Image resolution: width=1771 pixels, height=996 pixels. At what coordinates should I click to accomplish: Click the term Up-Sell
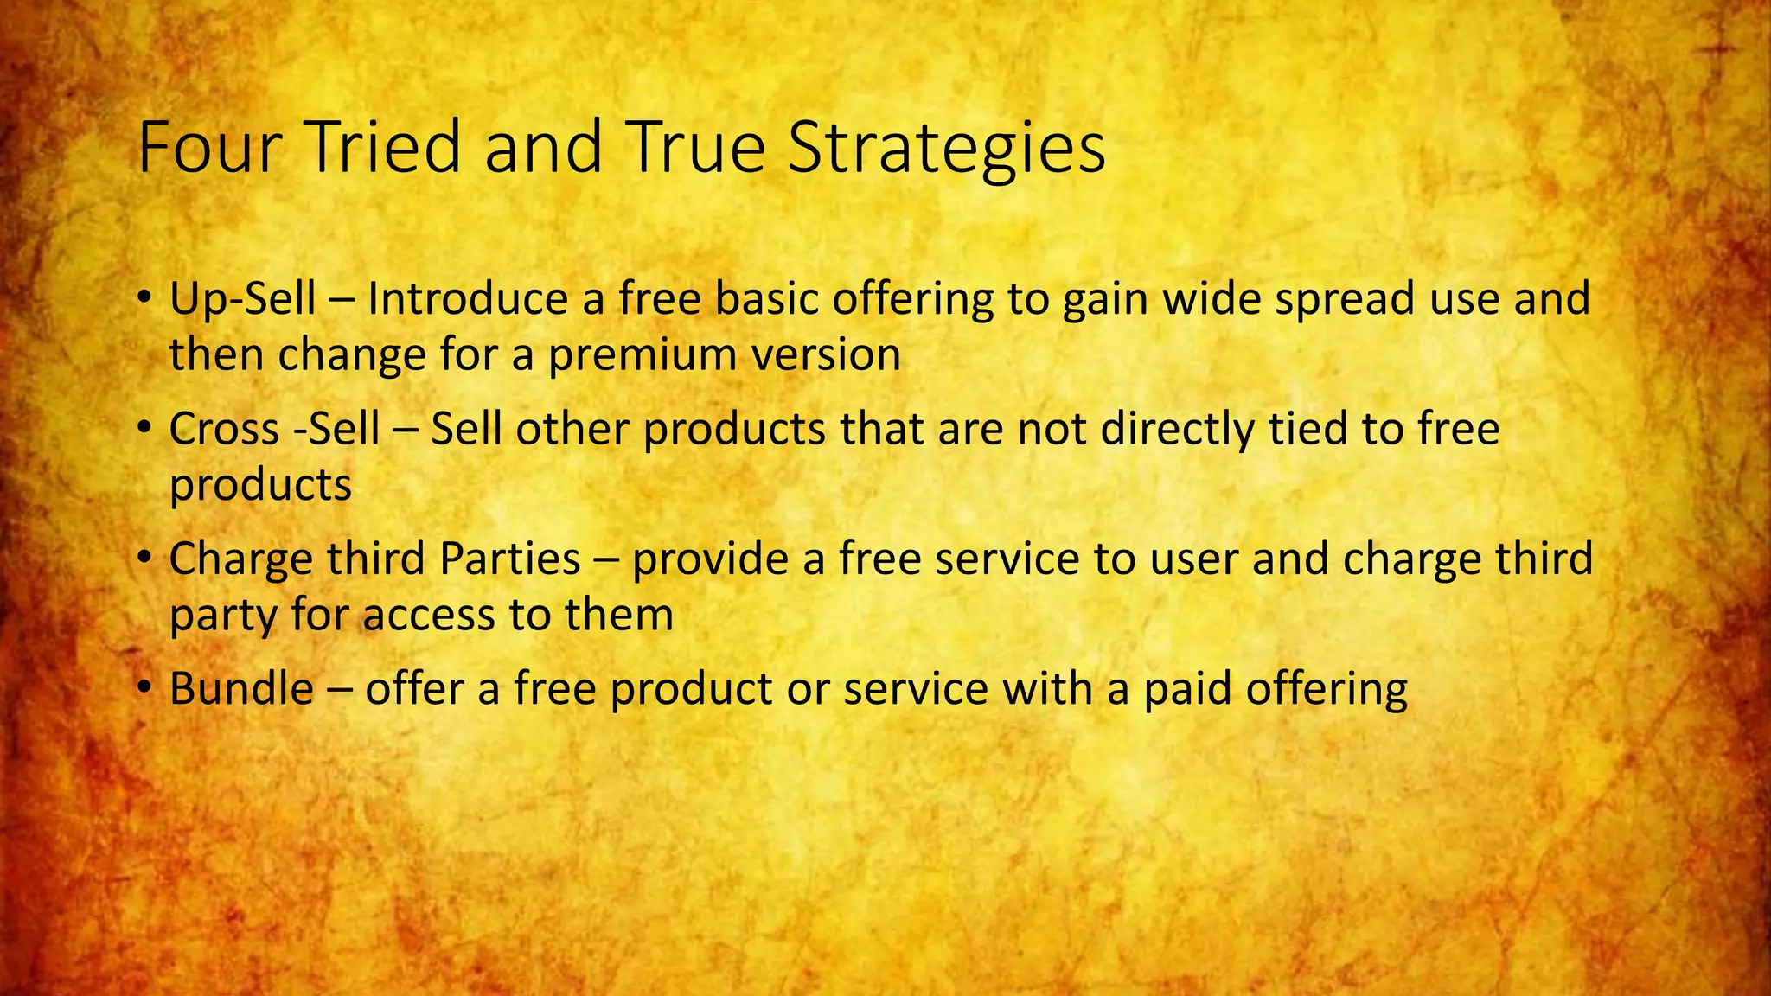242,300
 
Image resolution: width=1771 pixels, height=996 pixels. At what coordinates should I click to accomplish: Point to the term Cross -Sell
274,429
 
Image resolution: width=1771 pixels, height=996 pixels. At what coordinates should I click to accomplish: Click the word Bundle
241,689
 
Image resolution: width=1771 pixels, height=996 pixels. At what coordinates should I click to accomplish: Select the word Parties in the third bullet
509,559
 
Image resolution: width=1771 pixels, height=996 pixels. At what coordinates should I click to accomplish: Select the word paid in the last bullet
1187,689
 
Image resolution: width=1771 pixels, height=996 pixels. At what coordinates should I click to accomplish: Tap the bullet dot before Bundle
144,690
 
